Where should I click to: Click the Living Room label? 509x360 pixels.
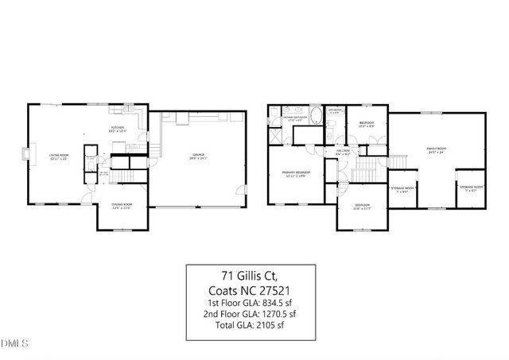click(x=59, y=156)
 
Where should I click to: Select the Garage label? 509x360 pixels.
click(x=197, y=157)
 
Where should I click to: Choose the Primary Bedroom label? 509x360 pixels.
click(x=297, y=173)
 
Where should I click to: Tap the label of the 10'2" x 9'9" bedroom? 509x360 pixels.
click(x=366, y=123)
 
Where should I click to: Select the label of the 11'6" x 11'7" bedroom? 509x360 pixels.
click(x=363, y=207)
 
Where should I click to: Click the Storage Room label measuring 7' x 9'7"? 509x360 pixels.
click(x=468, y=188)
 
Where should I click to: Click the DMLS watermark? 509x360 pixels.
click(x=14, y=344)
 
